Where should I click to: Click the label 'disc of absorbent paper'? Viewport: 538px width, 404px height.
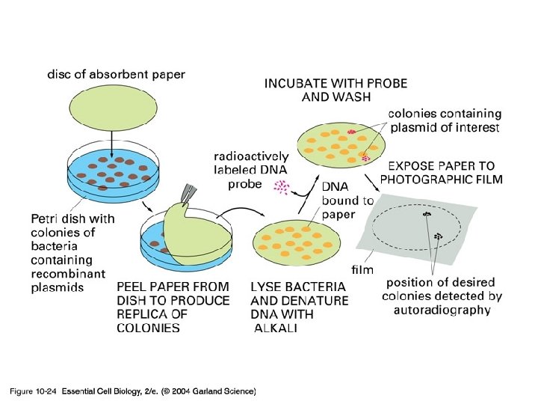coord(116,74)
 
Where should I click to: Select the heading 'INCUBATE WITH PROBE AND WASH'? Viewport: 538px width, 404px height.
coord(336,90)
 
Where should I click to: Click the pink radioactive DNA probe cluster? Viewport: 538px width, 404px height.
coord(281,187)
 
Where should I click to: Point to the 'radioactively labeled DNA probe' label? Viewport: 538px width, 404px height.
coord(251,170)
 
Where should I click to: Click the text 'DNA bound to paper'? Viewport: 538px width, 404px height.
coord(347,201)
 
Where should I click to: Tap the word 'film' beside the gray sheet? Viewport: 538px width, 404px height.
coord(362,268)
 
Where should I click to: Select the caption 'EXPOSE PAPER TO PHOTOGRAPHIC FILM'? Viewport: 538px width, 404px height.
coord(441,172)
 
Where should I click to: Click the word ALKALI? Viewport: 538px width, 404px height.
coord(276,328)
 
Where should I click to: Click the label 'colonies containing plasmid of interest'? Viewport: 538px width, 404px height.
coord(444,120)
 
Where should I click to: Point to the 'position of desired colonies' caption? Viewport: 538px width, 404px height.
coord(443,296)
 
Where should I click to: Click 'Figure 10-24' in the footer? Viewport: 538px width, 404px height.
coord(33,391)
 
